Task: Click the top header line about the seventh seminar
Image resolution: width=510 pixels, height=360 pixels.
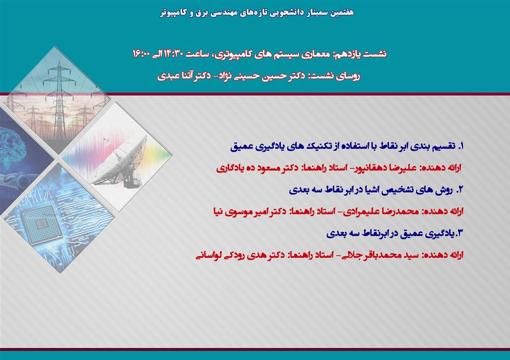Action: click(256, 13)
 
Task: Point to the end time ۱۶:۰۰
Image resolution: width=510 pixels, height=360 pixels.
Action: click(140, 54)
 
